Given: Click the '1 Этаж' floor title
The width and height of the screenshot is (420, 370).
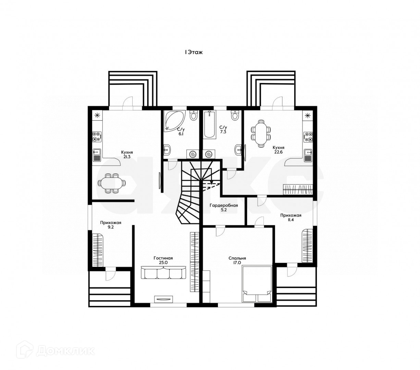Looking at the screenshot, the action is point(194,52).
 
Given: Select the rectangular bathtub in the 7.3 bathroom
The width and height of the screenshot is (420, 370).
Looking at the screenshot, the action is point(209,125).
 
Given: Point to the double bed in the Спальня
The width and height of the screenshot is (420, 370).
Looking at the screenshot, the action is point(257,284).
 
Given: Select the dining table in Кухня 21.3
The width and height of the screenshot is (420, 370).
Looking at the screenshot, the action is point(111,183).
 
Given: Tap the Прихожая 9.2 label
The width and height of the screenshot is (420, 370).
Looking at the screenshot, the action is point(111,224).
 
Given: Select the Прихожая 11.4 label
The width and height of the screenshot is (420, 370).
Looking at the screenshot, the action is point(291,218).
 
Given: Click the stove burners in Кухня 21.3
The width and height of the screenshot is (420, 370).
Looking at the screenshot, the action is point(97,137).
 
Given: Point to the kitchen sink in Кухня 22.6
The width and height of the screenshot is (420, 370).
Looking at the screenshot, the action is point(307,155).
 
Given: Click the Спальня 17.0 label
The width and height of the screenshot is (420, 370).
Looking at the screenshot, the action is point(237,260).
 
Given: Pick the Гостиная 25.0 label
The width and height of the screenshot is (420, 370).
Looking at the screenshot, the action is point(163,260).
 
